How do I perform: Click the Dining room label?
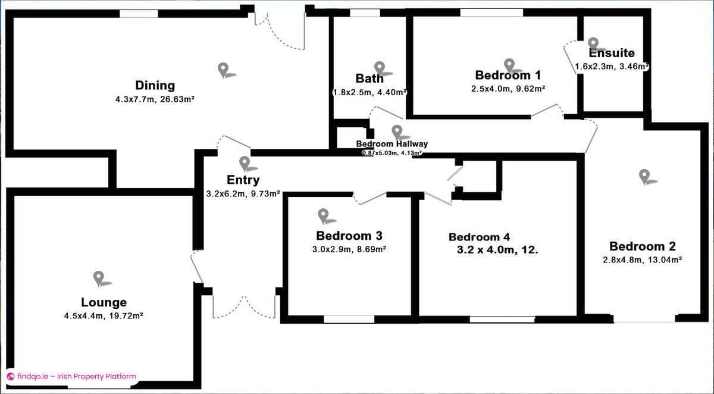coord(155,85)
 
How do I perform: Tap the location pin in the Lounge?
coord(99,277)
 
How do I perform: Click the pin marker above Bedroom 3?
coord(323,215)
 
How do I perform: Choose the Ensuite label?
coord(612,53)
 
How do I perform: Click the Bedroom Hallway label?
coord(392,144)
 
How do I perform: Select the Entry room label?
coord(243,180)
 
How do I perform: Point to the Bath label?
coord(369,78)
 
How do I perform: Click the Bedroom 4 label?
coord(479,237)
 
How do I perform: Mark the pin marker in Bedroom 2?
coord(644,175)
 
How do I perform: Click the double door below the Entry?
coord(244,307)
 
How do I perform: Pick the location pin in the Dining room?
coord(223,70)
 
